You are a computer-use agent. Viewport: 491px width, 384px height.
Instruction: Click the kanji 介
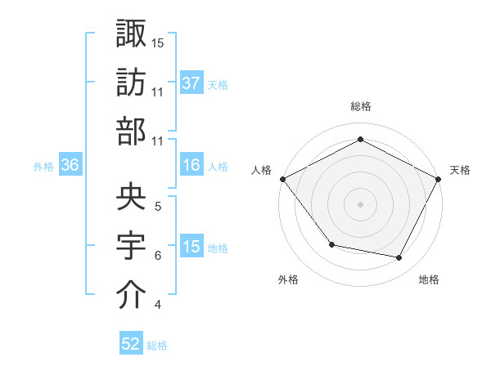[131, 295]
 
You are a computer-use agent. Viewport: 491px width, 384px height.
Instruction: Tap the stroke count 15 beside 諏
[158, 42]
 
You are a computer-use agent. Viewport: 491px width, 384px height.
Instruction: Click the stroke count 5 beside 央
[157, 206]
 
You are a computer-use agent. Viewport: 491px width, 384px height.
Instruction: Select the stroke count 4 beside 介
[157, 306]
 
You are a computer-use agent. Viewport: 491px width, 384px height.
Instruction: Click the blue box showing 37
[191, 83]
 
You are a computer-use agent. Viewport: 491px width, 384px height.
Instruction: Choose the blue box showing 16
[191, 166]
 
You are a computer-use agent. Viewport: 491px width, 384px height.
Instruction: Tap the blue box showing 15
[191, 248]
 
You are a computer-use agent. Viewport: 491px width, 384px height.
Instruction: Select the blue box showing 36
[70, 166]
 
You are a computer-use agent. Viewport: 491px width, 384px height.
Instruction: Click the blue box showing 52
[131, 344]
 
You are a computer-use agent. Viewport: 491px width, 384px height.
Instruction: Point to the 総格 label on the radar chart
[360, 107]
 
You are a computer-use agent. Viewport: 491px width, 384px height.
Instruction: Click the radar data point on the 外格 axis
[331, 244]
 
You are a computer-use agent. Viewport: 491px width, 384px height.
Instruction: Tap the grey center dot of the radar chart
[360, 204]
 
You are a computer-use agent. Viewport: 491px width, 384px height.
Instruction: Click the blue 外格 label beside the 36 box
[43, 167]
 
